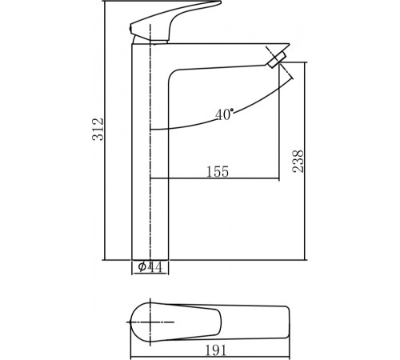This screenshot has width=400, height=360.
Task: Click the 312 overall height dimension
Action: point(98,129)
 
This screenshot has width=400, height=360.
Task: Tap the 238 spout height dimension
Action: point(298,162)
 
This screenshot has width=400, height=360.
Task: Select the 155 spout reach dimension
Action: point(218,171)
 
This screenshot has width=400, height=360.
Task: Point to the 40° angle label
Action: point(225,114)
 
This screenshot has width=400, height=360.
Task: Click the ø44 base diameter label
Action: point(150,267)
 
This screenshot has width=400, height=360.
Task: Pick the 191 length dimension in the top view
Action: point(215,350)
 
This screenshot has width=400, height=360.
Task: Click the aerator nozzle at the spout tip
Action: point(276,60)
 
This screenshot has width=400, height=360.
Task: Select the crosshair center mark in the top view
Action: point(150,322)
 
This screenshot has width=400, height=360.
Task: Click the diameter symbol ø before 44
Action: point(142,266)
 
